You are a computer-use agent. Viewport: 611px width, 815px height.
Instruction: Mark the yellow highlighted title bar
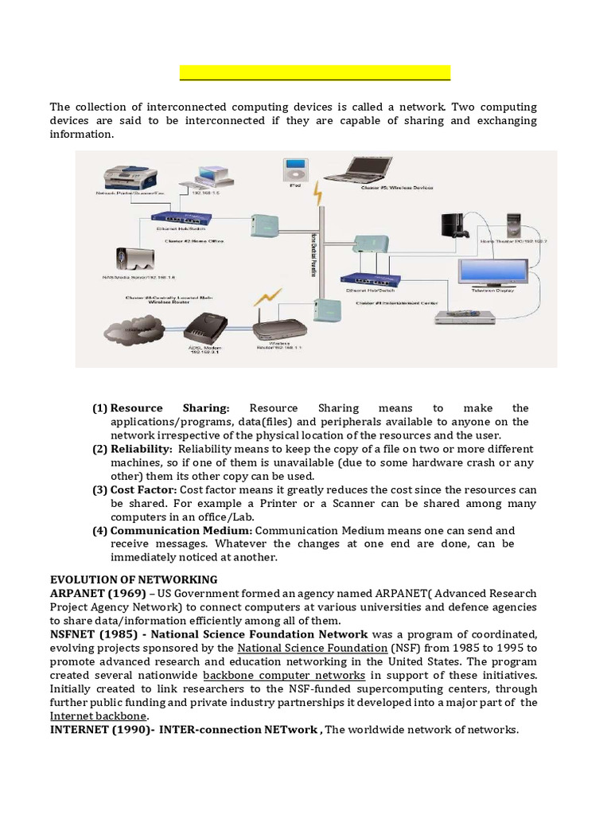315,73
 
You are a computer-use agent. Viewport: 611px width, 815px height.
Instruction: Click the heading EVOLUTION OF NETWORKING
133,579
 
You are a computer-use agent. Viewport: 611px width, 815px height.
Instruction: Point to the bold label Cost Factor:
144,489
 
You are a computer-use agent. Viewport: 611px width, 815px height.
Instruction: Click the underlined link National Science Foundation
305,648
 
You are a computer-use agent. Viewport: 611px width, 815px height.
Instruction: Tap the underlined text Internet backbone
88,716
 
